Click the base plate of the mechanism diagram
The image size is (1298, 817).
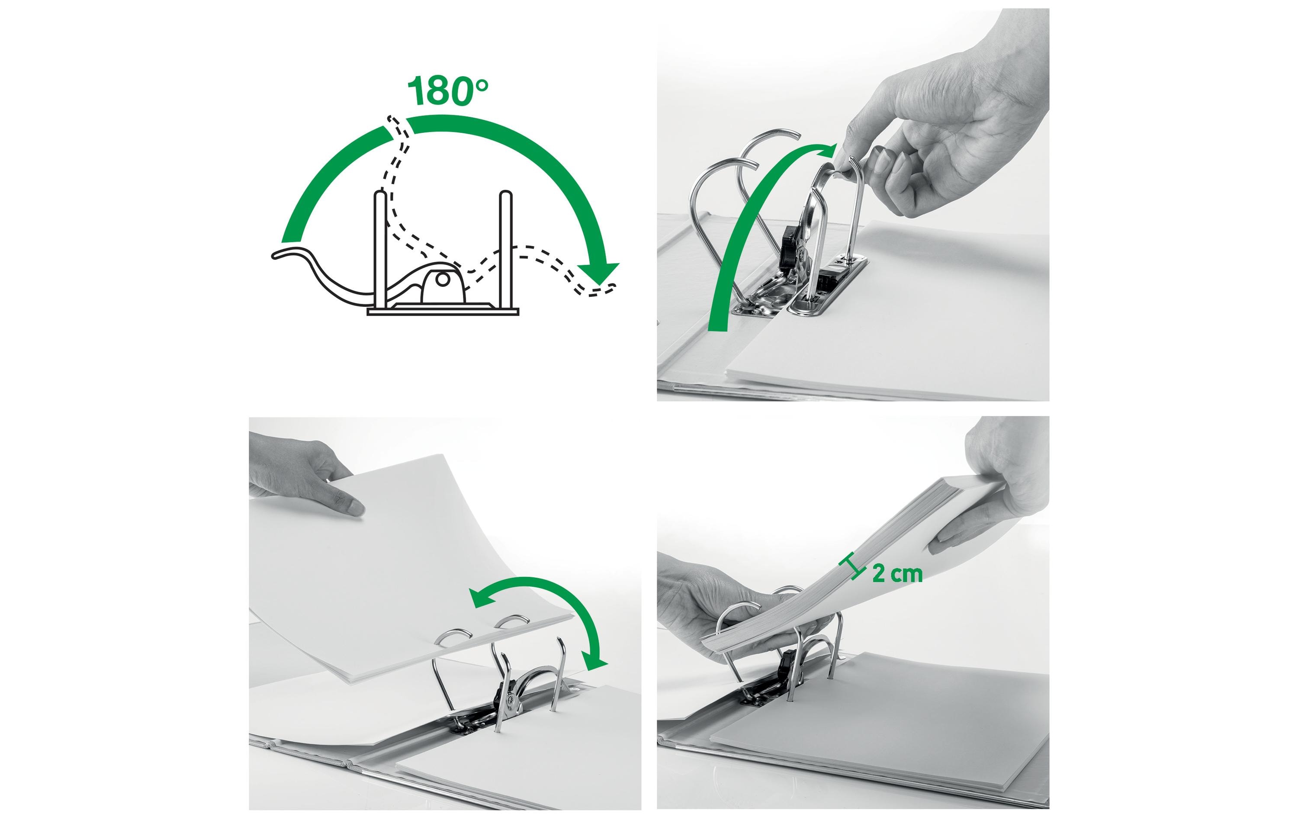[443, 312]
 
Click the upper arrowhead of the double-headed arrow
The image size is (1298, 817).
[481, 598]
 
